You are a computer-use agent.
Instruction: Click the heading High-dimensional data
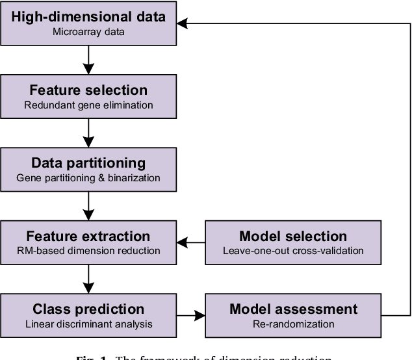tap(88, 18)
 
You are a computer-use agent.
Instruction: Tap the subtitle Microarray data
tap(88, 31)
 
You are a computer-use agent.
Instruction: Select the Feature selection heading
tap(88, 90)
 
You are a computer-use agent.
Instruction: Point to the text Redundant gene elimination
tap(88, 104)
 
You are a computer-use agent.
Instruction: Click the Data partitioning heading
tap(88, 163)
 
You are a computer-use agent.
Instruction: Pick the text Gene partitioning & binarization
tap(88, 177)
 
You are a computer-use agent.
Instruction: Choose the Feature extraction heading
tap(88, 237)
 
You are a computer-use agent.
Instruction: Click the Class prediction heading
tap(88, 309)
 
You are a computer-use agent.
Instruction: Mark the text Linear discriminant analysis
tap(88, 323)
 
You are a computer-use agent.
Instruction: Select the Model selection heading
tap(293, 237)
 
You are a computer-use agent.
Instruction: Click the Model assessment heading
tap(293, 309)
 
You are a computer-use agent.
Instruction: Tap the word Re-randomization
tap(293, 323)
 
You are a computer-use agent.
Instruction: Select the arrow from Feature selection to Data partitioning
tap(88, 132)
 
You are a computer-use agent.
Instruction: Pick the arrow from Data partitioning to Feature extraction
tap(88, 205)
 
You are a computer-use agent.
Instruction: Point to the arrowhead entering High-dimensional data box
tap(184, 23)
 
